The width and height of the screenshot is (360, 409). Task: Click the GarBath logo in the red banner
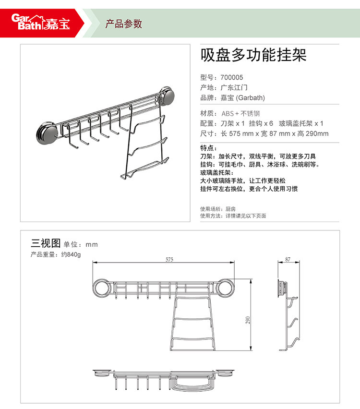pos(41,22)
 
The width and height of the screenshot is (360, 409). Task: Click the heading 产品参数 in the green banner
pos(124,24)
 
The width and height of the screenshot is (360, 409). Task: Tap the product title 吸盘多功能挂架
pos(253,55)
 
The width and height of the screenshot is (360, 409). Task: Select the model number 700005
pos(232,77)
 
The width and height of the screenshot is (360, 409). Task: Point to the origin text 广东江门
pos(234,88)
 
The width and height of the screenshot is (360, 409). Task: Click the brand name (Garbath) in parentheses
pos(251,98)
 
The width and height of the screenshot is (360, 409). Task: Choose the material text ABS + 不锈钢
pos(241,113)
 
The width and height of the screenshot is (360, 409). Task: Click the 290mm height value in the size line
pos(317,133)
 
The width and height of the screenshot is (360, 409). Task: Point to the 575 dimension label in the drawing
pos(169,259)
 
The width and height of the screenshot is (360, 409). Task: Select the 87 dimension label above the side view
pos(288,259)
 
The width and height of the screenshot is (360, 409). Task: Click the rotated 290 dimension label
pos(248,320)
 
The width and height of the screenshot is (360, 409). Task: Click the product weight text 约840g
pos(71,254)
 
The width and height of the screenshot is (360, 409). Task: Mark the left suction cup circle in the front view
pos(102,288)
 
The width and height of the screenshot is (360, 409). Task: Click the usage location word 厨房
pos(230,209)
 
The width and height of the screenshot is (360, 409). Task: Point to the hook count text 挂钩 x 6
pos(261,123)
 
